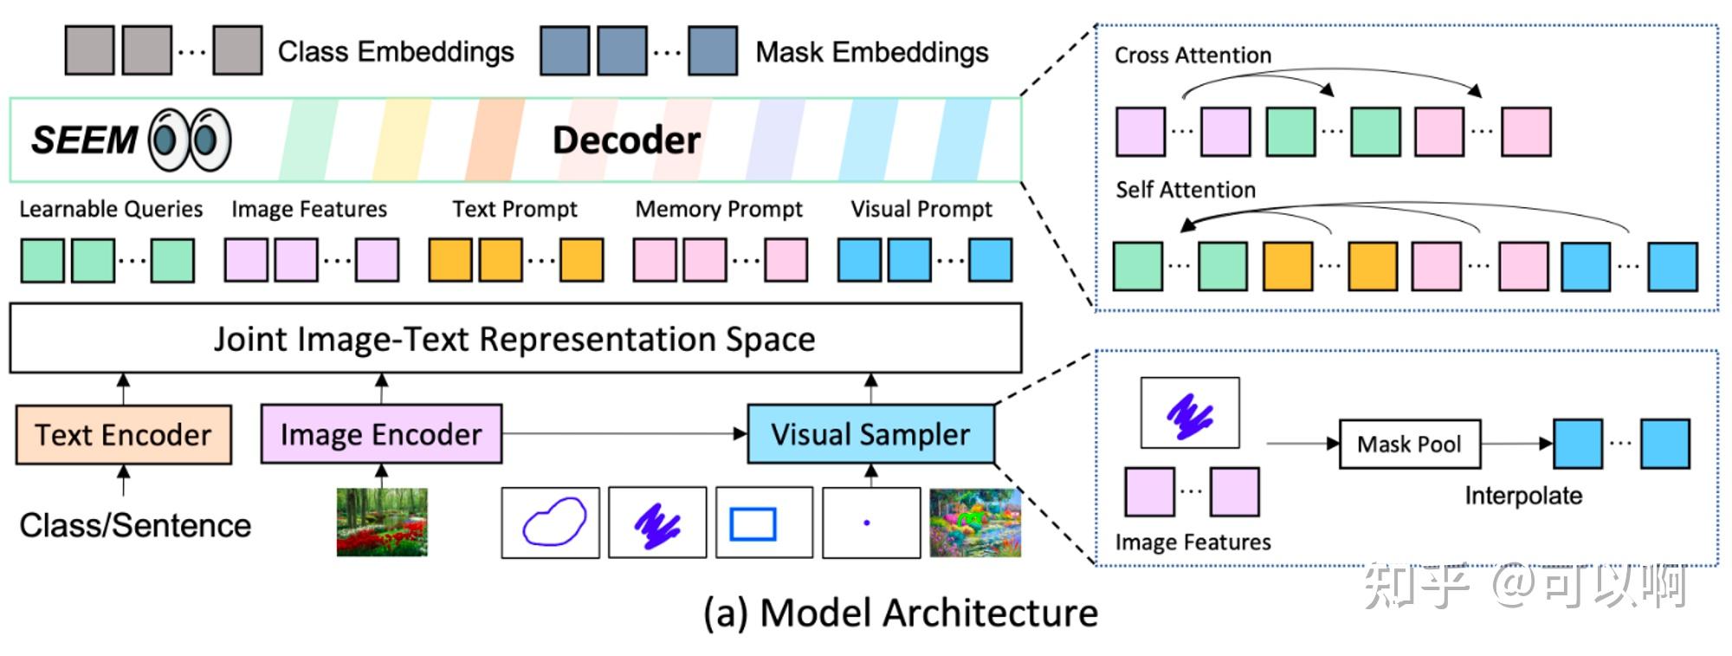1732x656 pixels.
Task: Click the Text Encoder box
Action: [124, 435]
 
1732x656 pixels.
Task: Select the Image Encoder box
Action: [381, 434]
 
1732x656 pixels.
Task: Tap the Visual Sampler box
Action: [870, 434]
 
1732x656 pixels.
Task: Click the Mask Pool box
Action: [1409, 445]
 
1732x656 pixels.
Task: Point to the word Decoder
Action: [626, 140]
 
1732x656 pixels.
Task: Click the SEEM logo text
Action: [84, 140]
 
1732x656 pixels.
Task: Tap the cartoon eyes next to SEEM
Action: [190, 140]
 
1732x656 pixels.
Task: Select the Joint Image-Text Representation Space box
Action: [515, 339]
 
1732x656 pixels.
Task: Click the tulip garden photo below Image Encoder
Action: [382, 522]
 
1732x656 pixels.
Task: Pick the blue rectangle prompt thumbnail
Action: [753, 523]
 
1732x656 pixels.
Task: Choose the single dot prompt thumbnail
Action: [870, 523]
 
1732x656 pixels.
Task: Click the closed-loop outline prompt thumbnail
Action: [551, 523]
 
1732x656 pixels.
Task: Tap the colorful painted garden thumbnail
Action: [975, 523]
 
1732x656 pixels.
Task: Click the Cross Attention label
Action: [1192, 55]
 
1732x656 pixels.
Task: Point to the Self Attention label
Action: [1185, 190]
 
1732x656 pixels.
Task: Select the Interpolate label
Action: [1523, 496]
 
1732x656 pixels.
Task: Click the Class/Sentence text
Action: [135, 525]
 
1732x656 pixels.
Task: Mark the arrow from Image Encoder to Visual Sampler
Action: [624, 433]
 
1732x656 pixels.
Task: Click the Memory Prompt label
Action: [719, 209]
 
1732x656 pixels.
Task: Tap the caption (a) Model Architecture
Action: [901, 614]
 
